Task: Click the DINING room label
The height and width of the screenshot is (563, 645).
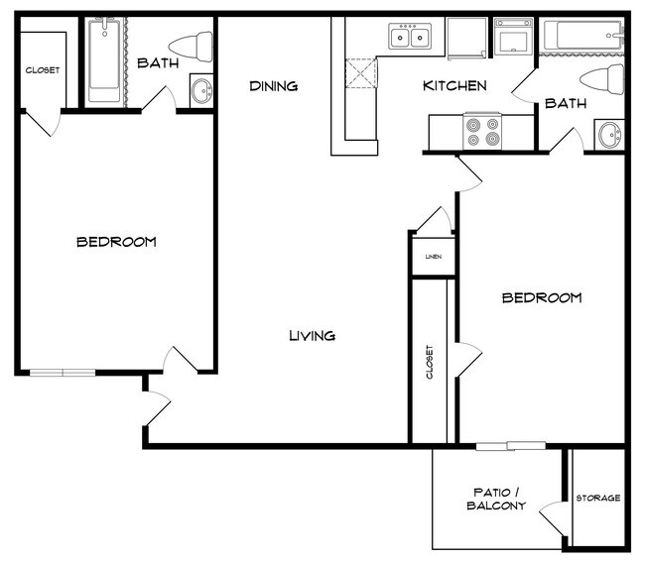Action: tap(274, 86)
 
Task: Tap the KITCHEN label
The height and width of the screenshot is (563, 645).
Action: tap(454, 86)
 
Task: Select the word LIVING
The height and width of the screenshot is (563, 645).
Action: tap(312, 335)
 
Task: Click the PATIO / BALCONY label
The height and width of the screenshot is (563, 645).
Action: tap(489, 500)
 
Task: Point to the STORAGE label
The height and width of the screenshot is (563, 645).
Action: tap(598, 498)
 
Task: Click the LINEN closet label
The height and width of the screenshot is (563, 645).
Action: tap(434, 257)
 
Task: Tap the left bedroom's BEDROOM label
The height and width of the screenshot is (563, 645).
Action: tap(116, 242)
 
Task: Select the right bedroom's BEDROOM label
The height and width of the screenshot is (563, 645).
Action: tap(541, 297)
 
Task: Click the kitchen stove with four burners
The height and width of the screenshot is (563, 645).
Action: tap(482, 132)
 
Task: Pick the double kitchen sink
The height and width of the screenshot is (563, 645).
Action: tap(409, 39)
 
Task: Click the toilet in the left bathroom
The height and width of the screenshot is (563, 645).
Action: tap(192, 46)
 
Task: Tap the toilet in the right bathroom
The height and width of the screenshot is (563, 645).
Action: tap(603, 79)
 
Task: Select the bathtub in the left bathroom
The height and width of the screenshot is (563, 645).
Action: tap(103, 62)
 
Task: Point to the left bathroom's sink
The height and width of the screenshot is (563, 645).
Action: tap(201, 91)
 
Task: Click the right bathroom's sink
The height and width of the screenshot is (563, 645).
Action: tap(608, 134)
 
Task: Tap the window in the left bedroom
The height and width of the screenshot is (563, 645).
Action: tap(62, 373)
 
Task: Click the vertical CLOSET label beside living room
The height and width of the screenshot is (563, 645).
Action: tap(430, 363)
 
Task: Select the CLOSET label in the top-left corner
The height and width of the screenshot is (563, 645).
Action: tap(43, 70)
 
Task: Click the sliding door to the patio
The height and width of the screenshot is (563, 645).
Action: tap(510, 445)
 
